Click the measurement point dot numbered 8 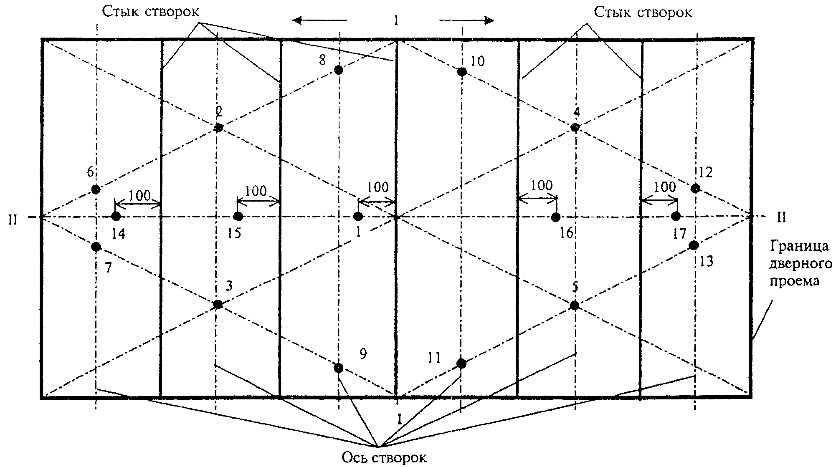tap(339, 70)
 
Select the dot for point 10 tap(461, 72)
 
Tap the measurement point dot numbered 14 tap(116, 216)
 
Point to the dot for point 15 tap(238, 216)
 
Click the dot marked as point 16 tap(555, 217)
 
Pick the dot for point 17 tap(676, 216)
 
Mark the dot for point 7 tap(96, 247)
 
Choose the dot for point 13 tap(694, 245)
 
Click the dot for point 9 tap(339, 368)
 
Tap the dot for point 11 tap(461, 364)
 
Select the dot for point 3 tap(218, 305)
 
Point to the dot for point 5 tap(575, 305)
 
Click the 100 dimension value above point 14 tap(140, 195)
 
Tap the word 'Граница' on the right tap(799, 246)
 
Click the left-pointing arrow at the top tap(319, 20)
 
